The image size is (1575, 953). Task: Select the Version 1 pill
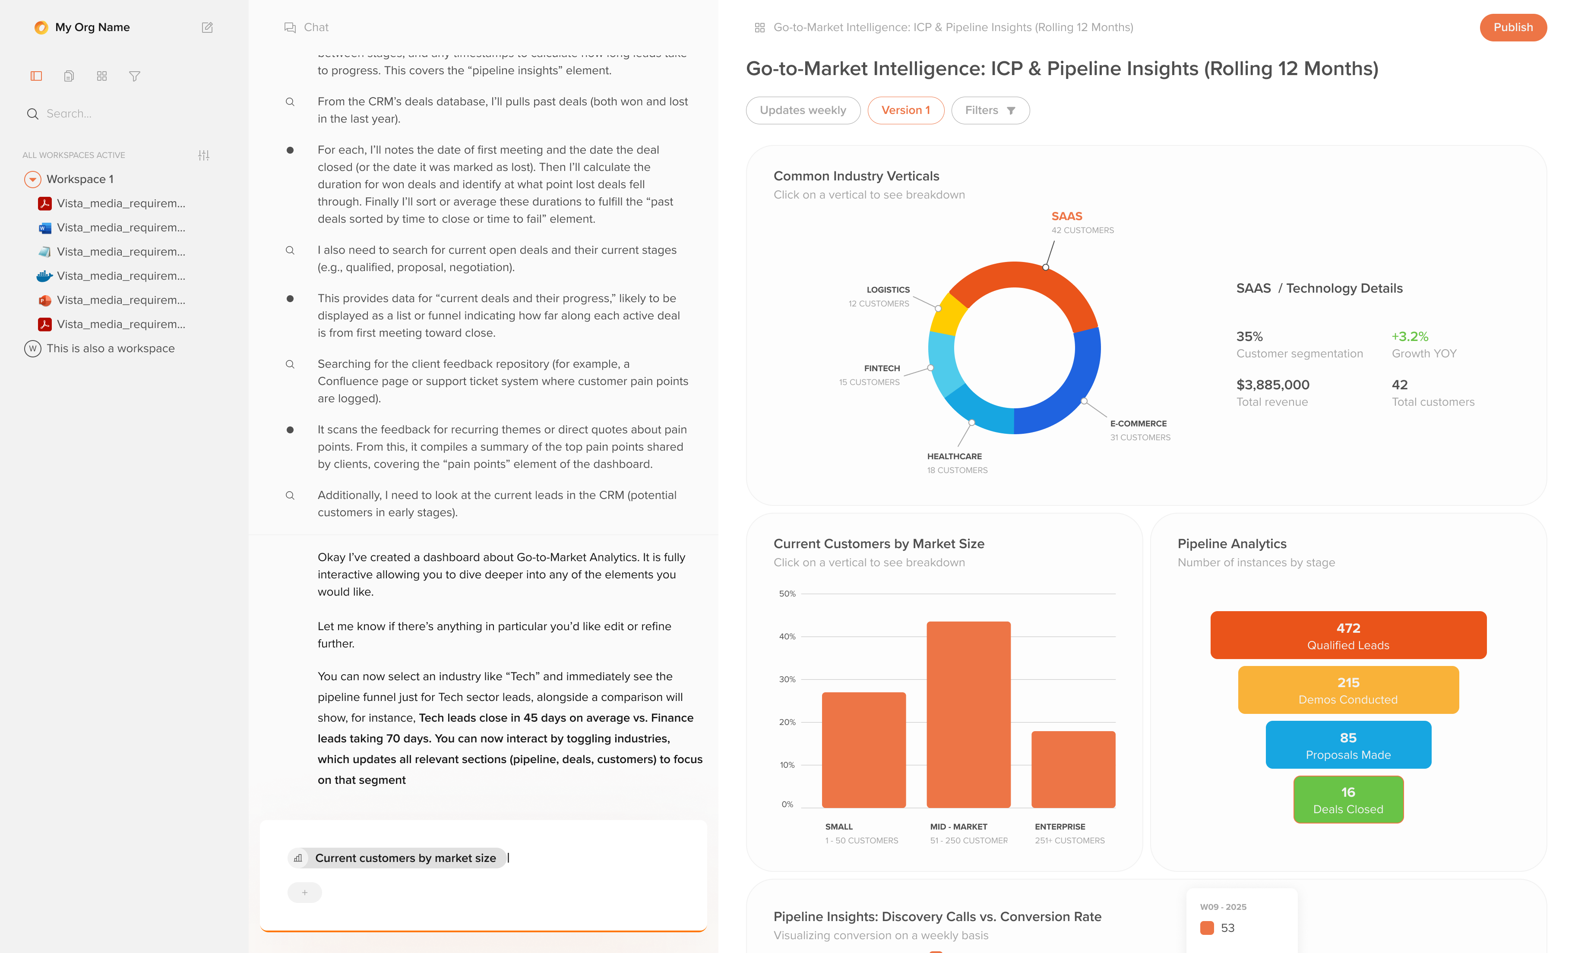tap(905, 110)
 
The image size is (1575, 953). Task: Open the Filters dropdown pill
tap(990, 110)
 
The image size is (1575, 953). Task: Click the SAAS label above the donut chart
tap(1066, 217)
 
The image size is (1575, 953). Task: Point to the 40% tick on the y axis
tap(787, 637)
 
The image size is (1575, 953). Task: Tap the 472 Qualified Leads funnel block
tap(1347, 635)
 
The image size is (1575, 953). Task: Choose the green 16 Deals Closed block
tap(1347, 800)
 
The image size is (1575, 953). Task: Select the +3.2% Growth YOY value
tap(1410, 337)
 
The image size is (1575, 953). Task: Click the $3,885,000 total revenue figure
tap(1272, 385)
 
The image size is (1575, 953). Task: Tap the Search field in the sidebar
tap(115, 114)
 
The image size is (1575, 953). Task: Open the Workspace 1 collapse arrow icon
tap(33, 180)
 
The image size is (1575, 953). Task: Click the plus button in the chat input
tap(304, 892)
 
